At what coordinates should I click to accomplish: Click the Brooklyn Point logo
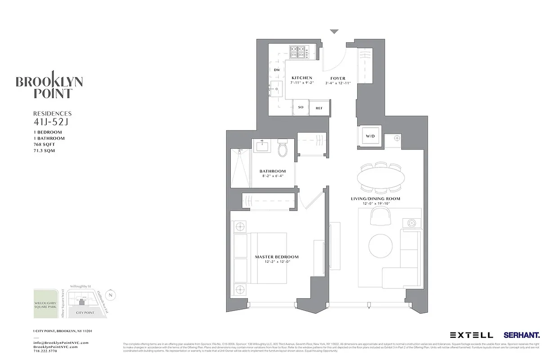49,85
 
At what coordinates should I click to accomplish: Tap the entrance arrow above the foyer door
334,32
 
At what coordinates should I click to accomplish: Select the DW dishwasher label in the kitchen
277,70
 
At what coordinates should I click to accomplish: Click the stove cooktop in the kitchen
299,52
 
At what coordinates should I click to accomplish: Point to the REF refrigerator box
319,108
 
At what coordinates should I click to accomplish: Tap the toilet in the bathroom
283,149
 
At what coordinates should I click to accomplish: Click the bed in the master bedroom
265,258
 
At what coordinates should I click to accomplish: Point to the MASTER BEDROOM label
277,257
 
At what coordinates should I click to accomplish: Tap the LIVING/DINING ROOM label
375,198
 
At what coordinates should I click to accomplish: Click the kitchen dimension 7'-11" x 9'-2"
301,83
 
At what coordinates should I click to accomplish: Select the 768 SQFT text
44,144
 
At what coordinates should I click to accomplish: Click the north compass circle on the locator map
112,295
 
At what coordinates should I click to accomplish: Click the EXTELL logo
471,335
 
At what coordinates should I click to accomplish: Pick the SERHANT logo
522,335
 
